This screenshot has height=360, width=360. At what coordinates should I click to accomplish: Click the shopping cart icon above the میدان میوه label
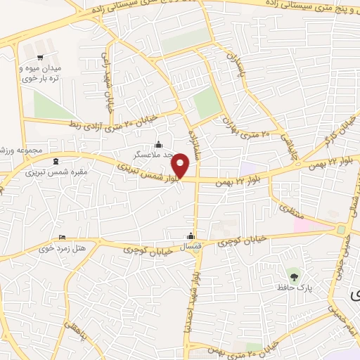(x=40, y=57)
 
